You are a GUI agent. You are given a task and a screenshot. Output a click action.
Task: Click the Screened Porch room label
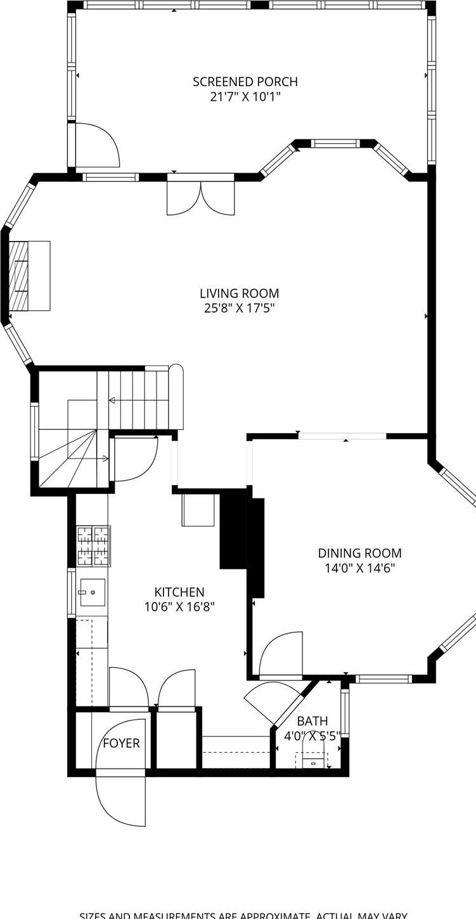coord(245,82)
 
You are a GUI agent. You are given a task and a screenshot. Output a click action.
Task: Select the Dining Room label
coord(359,553)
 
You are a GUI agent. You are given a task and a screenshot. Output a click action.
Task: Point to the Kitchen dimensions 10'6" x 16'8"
coord(179,606)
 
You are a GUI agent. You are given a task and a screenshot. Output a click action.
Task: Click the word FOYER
coord(121,743)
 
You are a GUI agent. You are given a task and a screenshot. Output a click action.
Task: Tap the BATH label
coord(312,721)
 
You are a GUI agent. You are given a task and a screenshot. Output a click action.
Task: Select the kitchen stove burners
coord(94,545)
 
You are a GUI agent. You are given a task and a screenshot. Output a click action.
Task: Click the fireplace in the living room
coord(29,275)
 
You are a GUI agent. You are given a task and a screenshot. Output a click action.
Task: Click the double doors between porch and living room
coord(201,198)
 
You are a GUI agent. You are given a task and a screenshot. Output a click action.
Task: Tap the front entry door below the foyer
coord(120,800)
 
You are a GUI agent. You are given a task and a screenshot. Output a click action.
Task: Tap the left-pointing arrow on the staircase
coord(112,400)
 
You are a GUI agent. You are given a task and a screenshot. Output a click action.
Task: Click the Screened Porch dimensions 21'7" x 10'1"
coord(245,97)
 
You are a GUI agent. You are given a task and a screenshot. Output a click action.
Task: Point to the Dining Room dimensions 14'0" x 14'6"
coord(359,568)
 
